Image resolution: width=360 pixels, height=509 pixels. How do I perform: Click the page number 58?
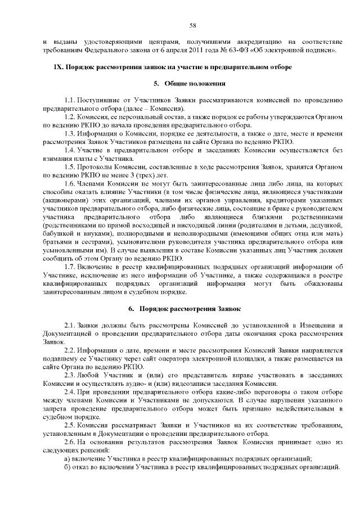(192, 25)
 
